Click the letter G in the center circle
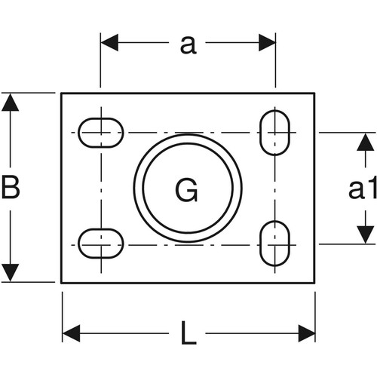(x=186, y=189)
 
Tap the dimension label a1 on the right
(x=363, y=188)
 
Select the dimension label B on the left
(x=11, y=187)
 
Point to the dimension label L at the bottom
(x=188, y=333)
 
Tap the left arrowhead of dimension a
(x=109, y=42)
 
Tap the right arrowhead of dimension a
(x=267, y=42)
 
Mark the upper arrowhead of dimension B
(x=10, y=102)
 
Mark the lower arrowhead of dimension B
(x=10, y=273)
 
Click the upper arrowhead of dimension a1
(x=365, y=142)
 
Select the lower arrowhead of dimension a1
(x=365, y=234)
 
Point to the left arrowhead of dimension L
(x=72, y=333)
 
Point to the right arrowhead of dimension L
(x=307, y=333)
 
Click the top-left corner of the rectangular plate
(x=61, y=93)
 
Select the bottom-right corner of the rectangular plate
(x=314, y=283)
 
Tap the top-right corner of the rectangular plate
(x=314, y=93)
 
